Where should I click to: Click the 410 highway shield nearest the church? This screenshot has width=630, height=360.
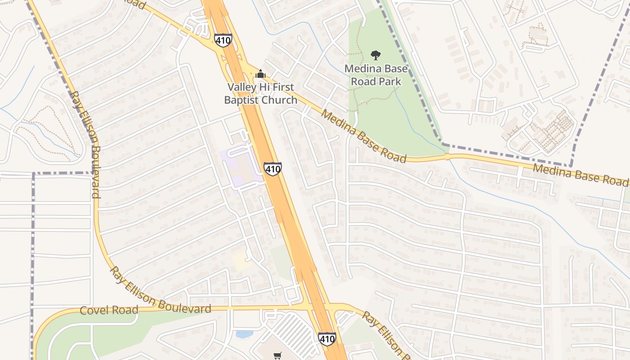coord(223,40)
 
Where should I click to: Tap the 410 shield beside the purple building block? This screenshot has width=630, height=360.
coord(273,168)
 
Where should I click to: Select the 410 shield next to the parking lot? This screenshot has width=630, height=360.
coord(327,338)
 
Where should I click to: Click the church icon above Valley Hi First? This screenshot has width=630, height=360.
coord(261,74)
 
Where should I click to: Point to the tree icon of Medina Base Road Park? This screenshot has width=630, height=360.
coord(375,55)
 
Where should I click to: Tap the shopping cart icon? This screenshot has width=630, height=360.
coord(277,356)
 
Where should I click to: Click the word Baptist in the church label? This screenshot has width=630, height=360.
coord(242,99)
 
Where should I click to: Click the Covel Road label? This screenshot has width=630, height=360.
coord(108,310)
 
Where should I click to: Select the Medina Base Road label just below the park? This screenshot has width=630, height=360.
coord(364,135)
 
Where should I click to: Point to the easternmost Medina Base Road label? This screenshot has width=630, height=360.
coord(580,174)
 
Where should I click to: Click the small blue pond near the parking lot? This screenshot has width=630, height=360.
coord(243,334)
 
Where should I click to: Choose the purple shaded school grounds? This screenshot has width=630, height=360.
coord(241,169)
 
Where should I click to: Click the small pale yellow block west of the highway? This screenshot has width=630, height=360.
coord(242,261)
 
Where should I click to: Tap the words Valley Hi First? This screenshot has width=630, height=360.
coord(261,87)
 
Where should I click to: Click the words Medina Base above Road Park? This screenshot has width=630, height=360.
coord(376,69)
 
